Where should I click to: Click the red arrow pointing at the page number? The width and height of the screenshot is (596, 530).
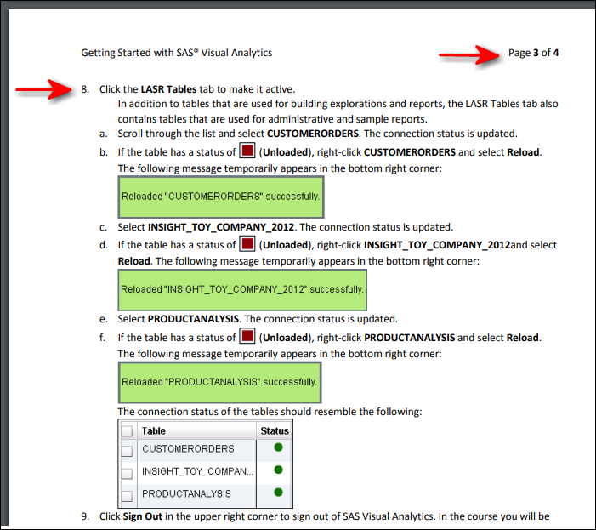coord(470,55)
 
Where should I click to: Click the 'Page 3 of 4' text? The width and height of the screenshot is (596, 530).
coord(533,53)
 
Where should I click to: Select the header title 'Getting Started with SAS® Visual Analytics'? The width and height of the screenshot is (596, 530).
coord(176,53)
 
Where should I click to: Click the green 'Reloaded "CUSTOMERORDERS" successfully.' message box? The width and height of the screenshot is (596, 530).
coord(220,197)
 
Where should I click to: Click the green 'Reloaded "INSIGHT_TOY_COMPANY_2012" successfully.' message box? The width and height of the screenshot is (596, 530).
coord(241,289)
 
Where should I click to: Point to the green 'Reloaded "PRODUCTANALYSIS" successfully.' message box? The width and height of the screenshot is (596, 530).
coord(219,382)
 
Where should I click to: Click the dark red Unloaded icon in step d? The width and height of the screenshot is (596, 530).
coord(247,244)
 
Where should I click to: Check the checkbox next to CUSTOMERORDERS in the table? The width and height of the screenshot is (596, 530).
coord(127,449)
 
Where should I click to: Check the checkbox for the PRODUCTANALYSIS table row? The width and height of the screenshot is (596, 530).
coord(127,495)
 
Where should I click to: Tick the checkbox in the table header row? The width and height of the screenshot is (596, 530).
coord(127,431)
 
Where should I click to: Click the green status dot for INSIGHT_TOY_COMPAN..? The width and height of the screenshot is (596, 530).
coord(278,470)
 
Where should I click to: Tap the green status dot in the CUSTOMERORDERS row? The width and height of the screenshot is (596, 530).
coord(278,447)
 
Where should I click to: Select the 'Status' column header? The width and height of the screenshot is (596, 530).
coord(275,431)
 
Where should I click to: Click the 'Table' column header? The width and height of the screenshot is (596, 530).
coord(154,431)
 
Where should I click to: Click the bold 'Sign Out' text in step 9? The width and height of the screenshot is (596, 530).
coord(143,516)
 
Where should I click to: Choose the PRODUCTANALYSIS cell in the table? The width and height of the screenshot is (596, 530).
coord(186,493)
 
